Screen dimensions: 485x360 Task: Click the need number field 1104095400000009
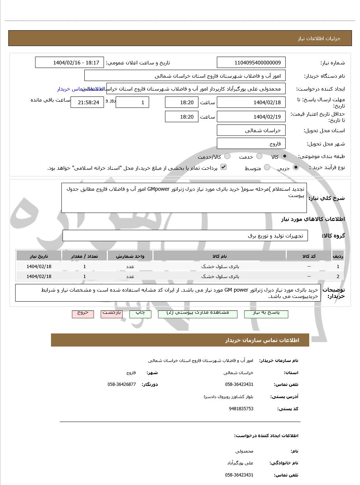pos(251,63)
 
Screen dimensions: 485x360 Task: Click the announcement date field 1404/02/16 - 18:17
pos(70,63)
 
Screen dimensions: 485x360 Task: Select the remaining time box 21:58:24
pos(87,102)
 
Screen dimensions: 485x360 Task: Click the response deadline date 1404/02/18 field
pos(251,102)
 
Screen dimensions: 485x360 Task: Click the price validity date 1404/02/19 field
pos(251,117)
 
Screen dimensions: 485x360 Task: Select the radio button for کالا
pos(285,156)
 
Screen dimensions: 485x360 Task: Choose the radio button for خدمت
pos(259,156)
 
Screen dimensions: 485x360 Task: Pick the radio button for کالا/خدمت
pos(227,156)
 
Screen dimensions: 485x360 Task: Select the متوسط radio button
pos(267,168)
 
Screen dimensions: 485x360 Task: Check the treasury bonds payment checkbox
pos(223,167)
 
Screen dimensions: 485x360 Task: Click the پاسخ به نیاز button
pos(266,314)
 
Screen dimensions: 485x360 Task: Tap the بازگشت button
pos(112,314)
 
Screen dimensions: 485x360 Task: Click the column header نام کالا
pos(219,256)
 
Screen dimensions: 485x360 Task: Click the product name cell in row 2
pos(219,276)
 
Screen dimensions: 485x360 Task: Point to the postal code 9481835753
pos(241,409)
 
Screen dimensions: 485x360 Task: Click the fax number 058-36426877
pos(121,384)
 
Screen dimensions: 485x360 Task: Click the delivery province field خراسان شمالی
pos(251,130)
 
